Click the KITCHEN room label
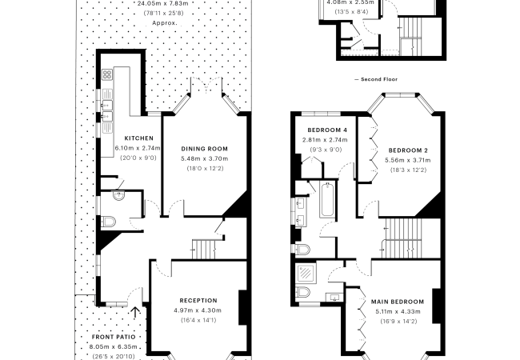(139, 138)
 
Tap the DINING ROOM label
(204, 149)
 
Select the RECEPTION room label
(198, 301)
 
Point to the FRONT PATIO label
(114, 337)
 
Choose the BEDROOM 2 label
(408, 150)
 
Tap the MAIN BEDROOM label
(398, 302)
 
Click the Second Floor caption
(376, 79)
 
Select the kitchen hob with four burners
(107, 74)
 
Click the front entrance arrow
(135, 312)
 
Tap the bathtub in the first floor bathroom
(327, 199)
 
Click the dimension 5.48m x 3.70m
(204, 158)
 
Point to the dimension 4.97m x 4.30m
(198, 310)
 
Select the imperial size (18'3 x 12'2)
(408, 170)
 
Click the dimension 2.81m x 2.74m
(325, 140)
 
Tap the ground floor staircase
(204, 250)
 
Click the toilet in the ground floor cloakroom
(108, 221)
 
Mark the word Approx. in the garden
(165, 23)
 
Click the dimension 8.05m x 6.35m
(113, 347)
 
